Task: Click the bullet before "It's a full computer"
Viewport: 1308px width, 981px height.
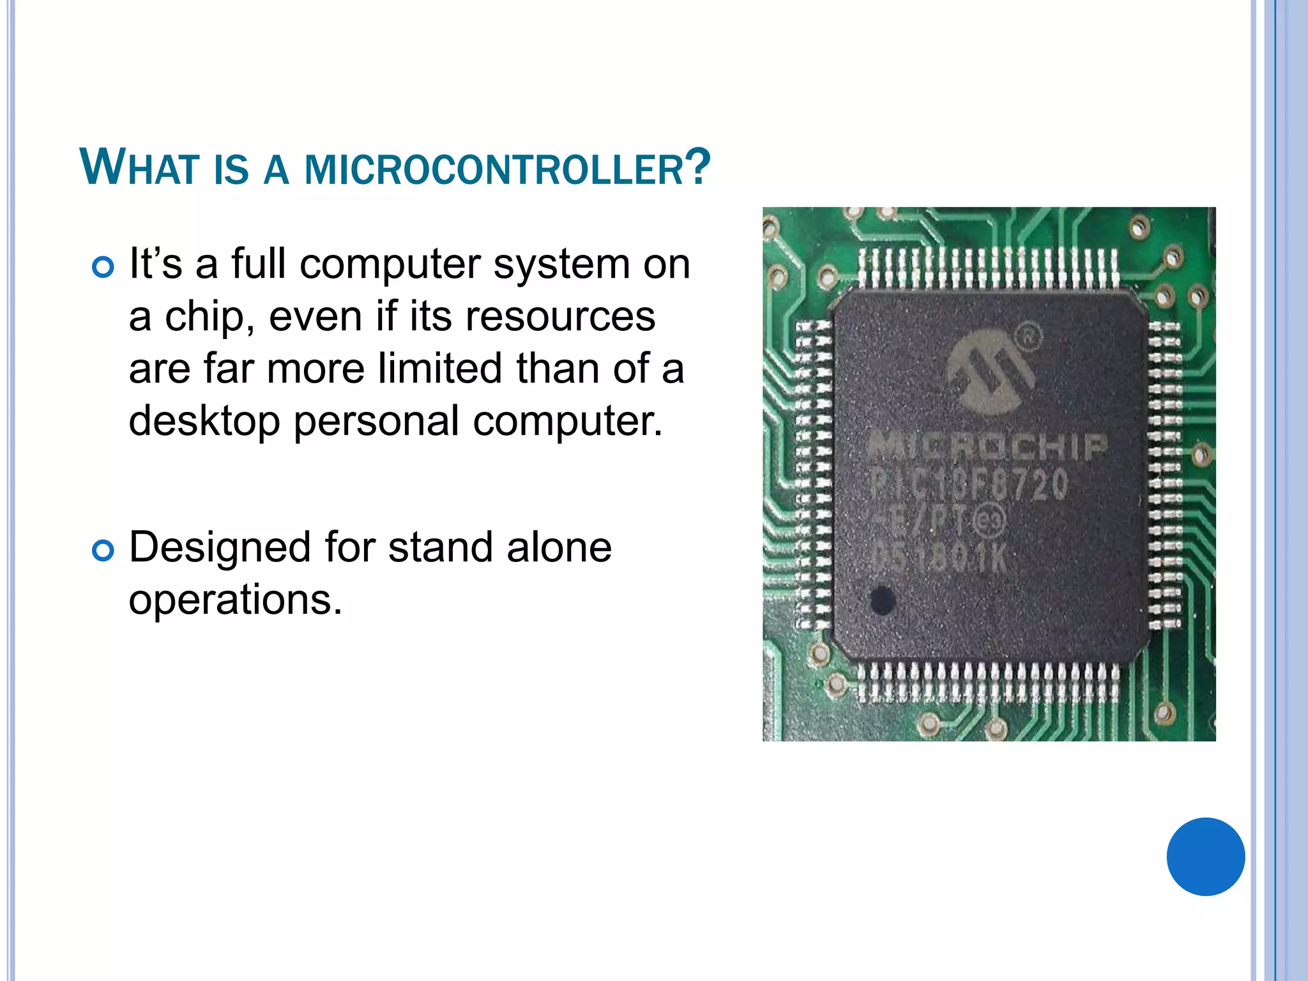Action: point(103,266)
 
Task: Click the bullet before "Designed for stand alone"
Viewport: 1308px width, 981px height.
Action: point(103,550)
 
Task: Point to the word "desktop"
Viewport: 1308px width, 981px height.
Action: point(204,422)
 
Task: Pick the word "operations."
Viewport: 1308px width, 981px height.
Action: point(236,600)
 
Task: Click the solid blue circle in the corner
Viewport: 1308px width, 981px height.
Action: point(1205,856)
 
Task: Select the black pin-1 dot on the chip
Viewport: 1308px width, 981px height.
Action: point(882,600)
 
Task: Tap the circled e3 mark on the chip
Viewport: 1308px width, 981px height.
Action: point(989,521)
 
